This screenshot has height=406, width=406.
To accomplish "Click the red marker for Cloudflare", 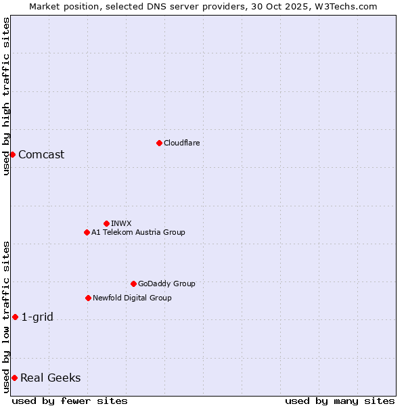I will pos(159,143).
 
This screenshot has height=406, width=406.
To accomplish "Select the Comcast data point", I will pos(12,154).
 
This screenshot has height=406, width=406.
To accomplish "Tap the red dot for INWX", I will pos(106,223).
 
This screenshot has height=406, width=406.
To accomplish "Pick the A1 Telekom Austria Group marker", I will pos(87,232).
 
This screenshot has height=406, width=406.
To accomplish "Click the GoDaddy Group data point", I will pos(133,284).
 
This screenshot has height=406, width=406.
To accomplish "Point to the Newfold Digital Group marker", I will pos(88,298).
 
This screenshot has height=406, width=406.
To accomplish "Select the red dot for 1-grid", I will pos(15,317).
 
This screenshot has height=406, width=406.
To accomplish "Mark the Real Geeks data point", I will pos(14,378).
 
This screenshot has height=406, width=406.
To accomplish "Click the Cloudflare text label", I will pos(181,143).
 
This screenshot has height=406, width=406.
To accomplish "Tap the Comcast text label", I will pos(41,154).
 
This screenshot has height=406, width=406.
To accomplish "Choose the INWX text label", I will pos(121,223).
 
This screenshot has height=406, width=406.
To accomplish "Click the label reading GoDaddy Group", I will pos(166,284).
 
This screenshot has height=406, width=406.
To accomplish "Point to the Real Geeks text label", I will pos(50,378).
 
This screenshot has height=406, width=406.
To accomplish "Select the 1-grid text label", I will pos(37,317).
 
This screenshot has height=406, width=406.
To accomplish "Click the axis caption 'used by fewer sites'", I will pos(70,401).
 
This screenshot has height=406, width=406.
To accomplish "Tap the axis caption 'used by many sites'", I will pos(340,401).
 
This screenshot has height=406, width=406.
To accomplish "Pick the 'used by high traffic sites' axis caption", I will pos(6,96).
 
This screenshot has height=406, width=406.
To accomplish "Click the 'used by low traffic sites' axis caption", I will pos(6,317).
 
